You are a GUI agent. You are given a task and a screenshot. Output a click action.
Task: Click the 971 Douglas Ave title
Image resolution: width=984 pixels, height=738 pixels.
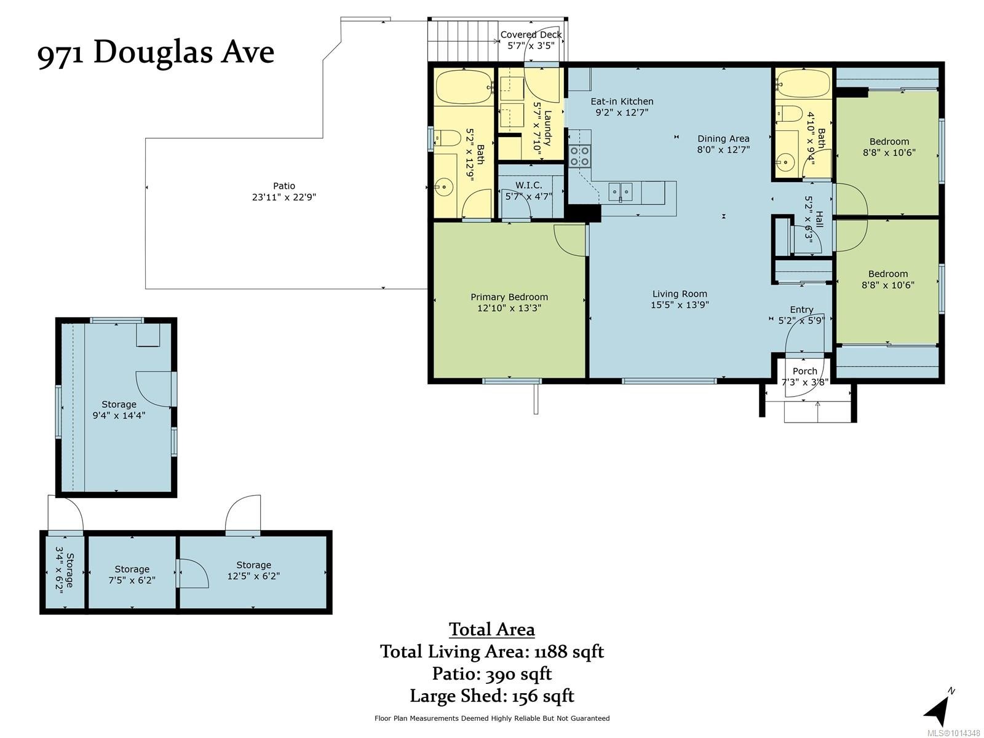click(156, 53)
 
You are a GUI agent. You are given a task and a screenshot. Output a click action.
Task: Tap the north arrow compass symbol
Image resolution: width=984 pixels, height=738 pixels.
click(938, 711)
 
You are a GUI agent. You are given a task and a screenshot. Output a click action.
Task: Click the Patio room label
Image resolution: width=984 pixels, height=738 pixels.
click(284, 186)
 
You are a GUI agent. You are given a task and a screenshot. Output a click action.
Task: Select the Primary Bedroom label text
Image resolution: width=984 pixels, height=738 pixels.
click(509, 297)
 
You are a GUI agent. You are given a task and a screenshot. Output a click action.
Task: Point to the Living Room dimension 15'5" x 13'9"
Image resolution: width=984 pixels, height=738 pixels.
click(680, 304)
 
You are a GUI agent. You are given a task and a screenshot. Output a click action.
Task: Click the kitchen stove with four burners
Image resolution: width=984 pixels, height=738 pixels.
click(579, 156)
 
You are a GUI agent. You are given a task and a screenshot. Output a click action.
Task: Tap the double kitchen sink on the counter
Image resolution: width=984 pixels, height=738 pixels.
click(620, 191)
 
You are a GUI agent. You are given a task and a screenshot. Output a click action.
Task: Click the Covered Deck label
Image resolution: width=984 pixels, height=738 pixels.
click(531, 35)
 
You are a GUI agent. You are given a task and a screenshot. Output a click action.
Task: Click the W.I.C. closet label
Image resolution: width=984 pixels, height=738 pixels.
click(528, 185)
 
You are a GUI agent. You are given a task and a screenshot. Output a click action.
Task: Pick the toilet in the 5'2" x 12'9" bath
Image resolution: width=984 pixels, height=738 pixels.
click(446, 138)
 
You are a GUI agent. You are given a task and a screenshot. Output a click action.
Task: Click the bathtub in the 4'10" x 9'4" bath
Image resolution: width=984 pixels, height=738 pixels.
click(803, 81)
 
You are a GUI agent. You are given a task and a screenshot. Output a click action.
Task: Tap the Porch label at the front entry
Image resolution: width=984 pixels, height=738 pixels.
click(804, 371)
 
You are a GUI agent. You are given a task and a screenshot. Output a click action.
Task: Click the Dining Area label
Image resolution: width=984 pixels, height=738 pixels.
click(723, 138)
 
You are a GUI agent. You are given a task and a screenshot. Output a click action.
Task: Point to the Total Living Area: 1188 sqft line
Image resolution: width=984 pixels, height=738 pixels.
click(492, 651)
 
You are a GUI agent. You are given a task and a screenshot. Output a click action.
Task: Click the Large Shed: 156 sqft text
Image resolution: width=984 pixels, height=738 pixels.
click(492, 696)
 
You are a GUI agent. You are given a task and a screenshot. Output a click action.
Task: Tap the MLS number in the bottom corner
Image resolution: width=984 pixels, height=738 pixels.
click(954, 733)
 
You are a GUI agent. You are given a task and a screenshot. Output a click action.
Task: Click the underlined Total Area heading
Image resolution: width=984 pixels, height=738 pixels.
click(492, 629)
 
